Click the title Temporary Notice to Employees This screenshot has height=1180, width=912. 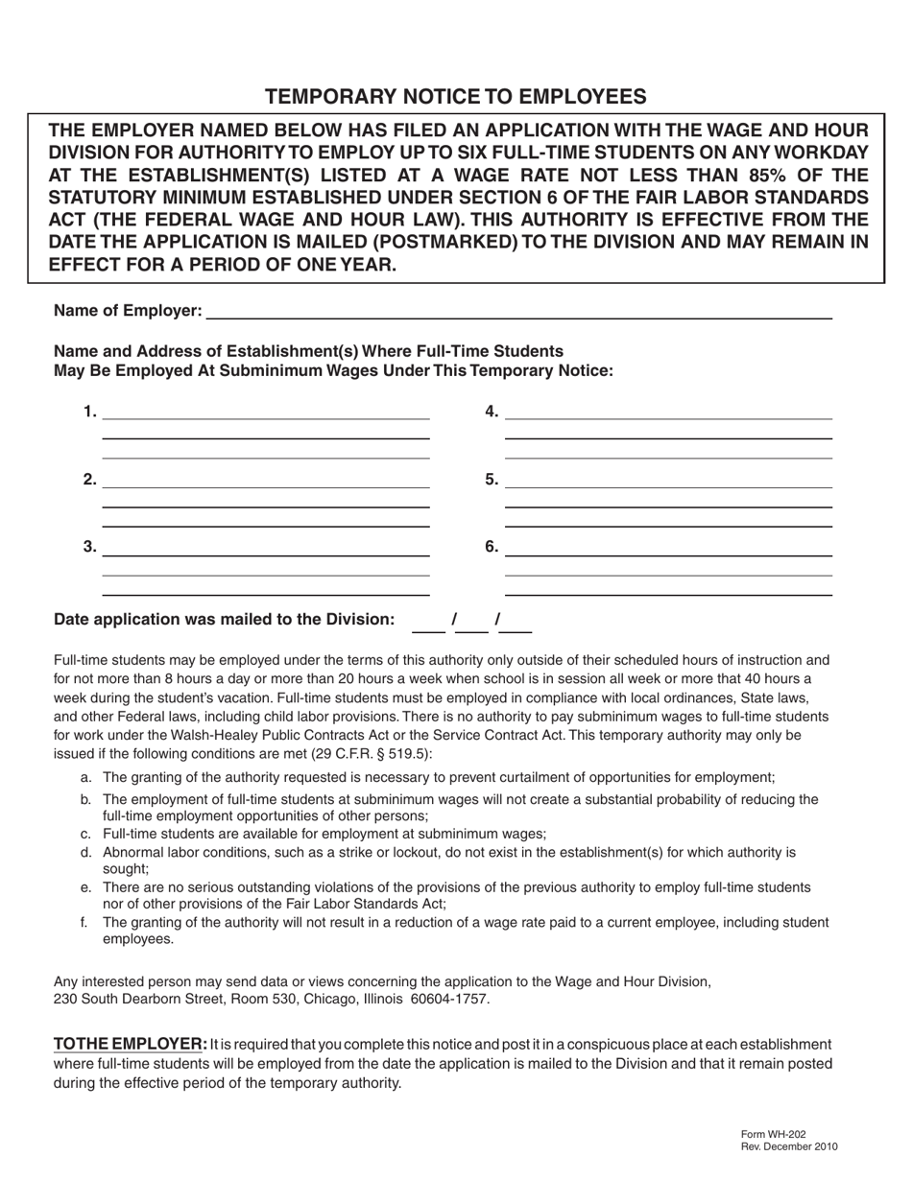[x=455, y=96]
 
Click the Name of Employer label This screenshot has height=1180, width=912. [x=128, y=310]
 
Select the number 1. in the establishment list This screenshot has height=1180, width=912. [x=89, y=413]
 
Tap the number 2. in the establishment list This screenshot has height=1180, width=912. [x=89, y=480]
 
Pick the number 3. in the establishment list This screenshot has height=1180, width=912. [x=89, y=548]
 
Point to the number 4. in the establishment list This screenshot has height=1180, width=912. [x=492, y=413]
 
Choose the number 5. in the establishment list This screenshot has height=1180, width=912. [x=492, y=480]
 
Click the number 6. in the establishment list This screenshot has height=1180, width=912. [x=492, y=548]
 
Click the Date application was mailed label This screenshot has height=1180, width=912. [x=224, y=620]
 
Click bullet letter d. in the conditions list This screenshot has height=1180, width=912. [x=86, y=852]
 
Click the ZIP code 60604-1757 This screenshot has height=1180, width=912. [x=450, y=999]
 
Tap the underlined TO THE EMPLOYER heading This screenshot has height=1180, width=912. [x=129, y=1044]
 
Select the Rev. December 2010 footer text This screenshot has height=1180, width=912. [x=789, y=1146]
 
